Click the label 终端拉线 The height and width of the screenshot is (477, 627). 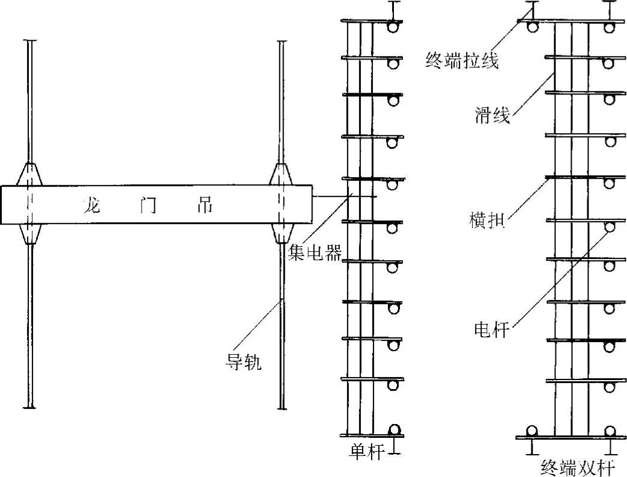tap(462, 61)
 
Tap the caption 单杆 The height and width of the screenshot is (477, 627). tap(367, 452)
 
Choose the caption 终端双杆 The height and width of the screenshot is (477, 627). tap(581, 467)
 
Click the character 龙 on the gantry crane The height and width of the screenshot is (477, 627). tap(95, 205)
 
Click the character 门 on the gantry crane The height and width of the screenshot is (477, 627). tap(148, 205)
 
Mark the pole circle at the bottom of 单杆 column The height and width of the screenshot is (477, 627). tap(395, 429)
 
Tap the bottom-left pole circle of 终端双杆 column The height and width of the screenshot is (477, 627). tap(531, 431)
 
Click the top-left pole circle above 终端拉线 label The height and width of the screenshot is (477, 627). tap(532, 28)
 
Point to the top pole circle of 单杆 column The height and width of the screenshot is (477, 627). tap(394, 28)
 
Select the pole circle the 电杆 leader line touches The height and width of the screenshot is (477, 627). tap(610, 226)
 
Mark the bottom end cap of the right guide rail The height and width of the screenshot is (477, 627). tap(282, 408)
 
